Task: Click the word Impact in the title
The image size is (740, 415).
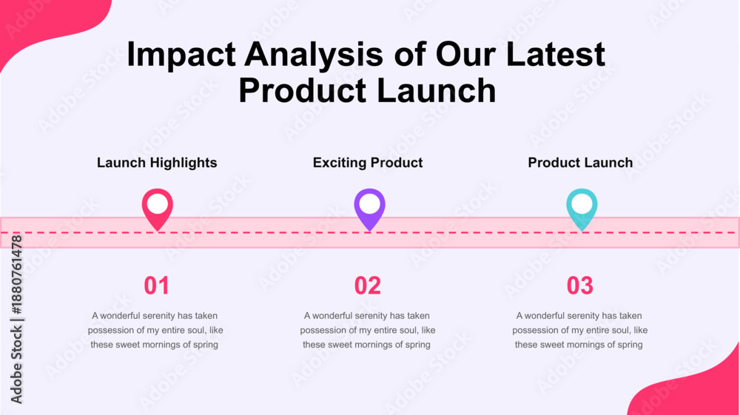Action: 181,55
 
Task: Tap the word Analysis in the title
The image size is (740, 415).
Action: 314,54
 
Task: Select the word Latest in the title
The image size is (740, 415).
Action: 555,54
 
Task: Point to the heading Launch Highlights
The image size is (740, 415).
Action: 157,163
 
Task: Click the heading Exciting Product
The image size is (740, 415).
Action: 368,163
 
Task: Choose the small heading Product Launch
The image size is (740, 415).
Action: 580,163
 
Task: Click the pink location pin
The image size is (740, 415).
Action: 157,209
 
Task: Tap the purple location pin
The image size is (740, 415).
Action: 369,209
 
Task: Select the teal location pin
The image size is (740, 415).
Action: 582,209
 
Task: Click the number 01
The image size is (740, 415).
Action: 156,286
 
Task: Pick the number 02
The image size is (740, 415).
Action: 368,286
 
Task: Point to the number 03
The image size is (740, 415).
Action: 580,286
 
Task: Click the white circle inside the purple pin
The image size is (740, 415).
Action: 369,204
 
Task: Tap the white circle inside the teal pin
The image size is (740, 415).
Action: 582,204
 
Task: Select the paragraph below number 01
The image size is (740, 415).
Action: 155,330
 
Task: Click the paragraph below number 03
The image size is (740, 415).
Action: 580,330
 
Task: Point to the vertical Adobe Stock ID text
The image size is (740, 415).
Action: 16,320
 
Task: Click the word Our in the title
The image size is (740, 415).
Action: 465,54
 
